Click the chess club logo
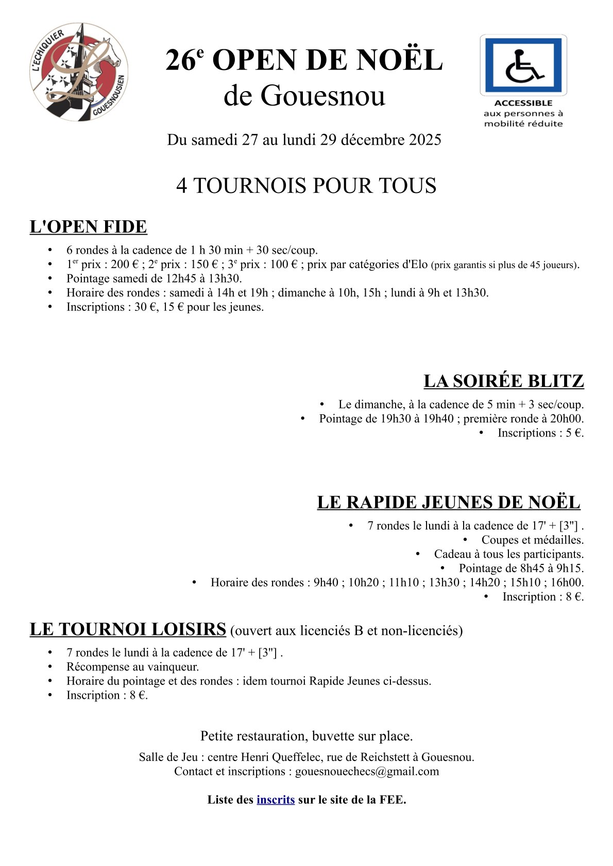tap(79, 72)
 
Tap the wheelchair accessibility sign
tap(523, 65)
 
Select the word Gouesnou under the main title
tap(323, 96)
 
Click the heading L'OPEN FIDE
tap(89, 227)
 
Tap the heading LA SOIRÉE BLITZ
tap(503, 381)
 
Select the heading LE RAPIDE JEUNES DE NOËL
tap(449, 503)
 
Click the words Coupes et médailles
tap(532, 540)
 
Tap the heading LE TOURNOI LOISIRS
tap(128, 629)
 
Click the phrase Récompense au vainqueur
tap(132, 667)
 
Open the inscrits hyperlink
tap(276, 800)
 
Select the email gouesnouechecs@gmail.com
tap(367, 771)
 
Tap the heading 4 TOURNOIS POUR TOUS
tap(306, 186)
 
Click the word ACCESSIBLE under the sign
tap(523, 103)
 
